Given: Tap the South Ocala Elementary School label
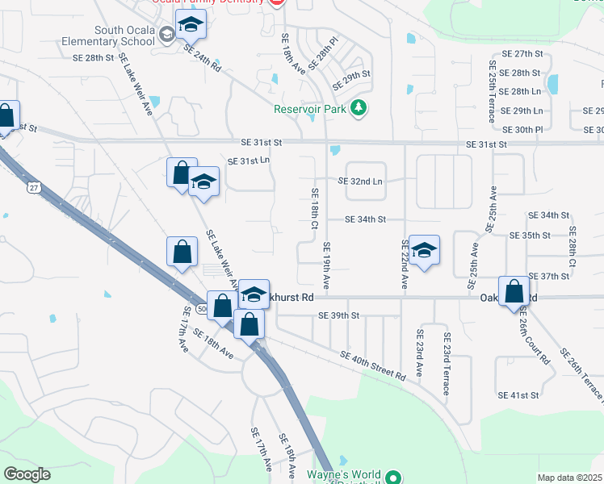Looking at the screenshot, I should [x=124, y=35].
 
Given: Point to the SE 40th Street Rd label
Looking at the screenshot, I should [x=373, y=365].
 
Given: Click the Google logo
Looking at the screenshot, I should [x=27, y=474].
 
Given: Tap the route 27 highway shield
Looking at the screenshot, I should [x=33, y=188].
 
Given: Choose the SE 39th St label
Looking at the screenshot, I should [x=338, y=315].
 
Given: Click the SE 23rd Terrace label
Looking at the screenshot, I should [x=445, y=363].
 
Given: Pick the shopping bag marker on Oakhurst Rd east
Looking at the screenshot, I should [x=514, y=292].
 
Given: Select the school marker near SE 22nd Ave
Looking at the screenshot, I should [x=423, y=252].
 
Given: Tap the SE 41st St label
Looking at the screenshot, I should [x=518, y=395].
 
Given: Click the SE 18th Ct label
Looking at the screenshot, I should [x=314, y=208].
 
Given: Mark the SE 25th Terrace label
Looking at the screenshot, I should [x=491, y=90].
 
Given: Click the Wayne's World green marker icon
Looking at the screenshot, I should [x=393, y=478].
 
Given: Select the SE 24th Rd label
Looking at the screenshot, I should [x=202, y=59].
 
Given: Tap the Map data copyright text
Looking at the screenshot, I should [x=569, y=478].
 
